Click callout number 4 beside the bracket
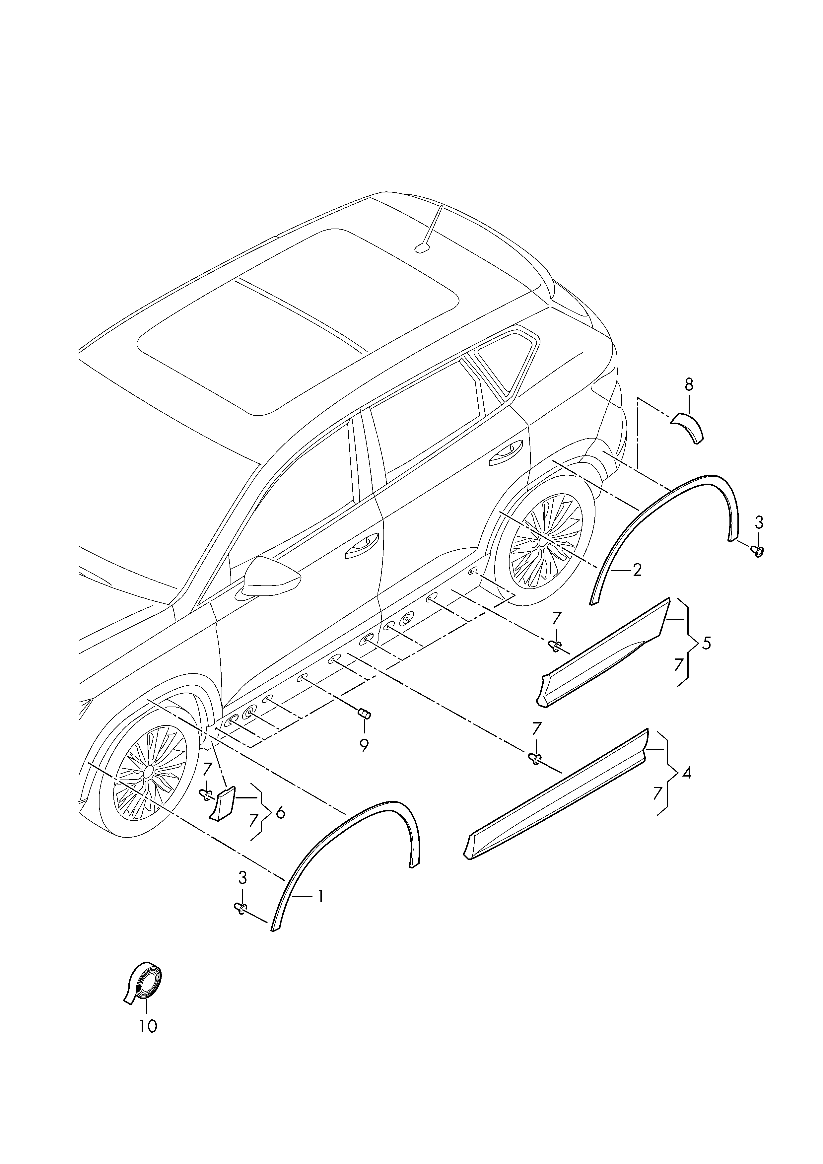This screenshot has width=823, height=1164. coord(687,774)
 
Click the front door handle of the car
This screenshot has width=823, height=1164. coord(362,545)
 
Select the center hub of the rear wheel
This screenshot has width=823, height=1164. coord(543,542)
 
